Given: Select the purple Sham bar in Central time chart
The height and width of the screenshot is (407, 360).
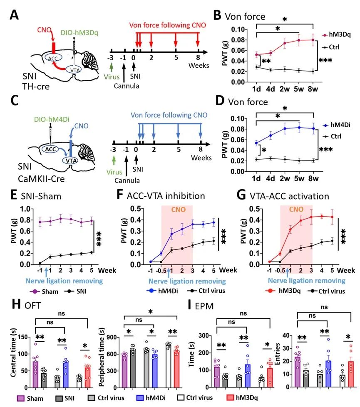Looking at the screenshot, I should coord(36,371).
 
